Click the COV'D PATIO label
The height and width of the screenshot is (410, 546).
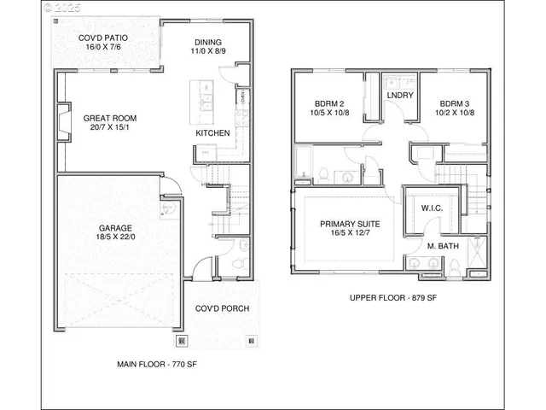coord(105,38)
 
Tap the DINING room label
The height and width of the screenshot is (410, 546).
coord(208,42)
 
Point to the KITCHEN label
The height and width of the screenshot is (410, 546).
coord(212,134)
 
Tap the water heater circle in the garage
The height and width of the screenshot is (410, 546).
coord(168,206)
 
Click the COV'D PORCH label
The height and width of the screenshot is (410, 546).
coord(222,308)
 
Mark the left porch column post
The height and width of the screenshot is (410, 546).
coord(182,340)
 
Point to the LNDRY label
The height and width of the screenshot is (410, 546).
coord(400,96)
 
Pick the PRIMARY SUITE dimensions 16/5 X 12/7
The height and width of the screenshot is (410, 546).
coord(350,235)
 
